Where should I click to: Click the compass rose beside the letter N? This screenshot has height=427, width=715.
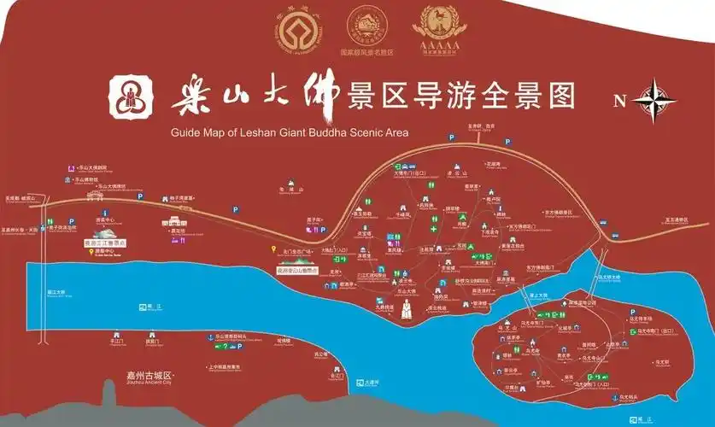656,99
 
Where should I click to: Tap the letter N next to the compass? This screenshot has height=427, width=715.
619,101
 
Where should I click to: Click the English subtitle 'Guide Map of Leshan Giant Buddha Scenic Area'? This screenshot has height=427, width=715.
290,132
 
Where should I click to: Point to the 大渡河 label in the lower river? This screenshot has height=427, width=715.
369,382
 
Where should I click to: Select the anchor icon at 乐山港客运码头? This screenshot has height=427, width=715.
209,337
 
